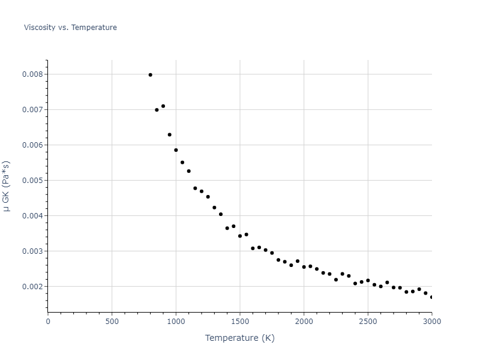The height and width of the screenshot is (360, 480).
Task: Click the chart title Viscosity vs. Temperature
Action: point(70,28)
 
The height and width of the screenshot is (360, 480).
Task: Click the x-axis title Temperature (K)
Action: point(239,338)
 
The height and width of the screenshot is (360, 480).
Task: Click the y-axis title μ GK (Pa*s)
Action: point(7,185)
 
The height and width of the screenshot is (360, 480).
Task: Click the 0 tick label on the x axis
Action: point(48,321)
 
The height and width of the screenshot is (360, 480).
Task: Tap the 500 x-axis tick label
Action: point(112,321)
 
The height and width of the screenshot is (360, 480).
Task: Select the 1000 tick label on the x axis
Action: point(176,321)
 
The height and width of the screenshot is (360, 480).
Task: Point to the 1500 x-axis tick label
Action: point(240,321)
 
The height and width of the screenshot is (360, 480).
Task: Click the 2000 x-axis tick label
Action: point(304,321)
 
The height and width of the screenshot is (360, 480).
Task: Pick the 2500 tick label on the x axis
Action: point(368,321)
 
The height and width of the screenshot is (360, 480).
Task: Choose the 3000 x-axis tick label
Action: point(431,321)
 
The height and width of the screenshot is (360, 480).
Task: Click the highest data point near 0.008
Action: point(150,75)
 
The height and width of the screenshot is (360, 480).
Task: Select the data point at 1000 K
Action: point(176,150)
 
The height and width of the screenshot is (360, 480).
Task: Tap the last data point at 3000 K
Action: point(431,297)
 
